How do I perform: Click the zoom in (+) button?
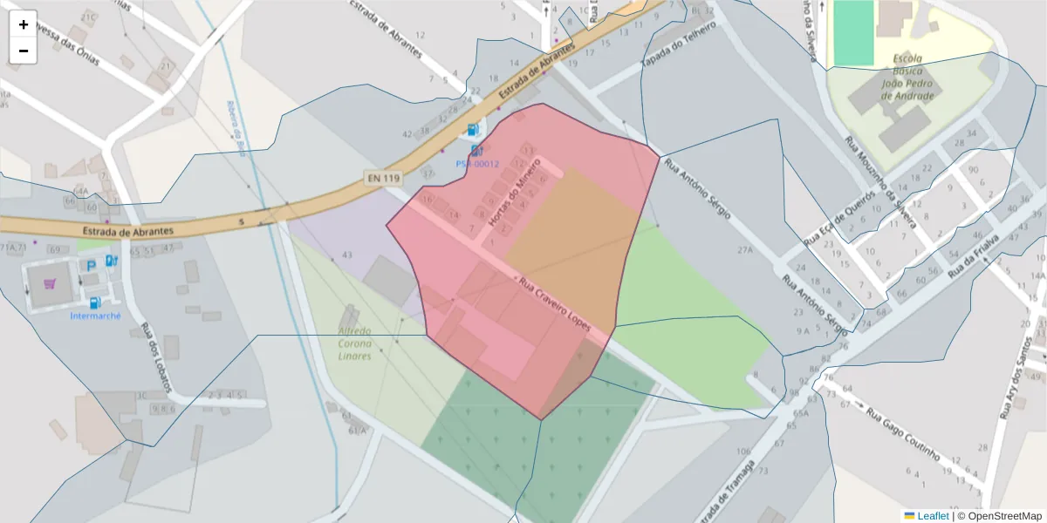(x=24, y=24)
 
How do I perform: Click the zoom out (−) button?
(x=24, y=51)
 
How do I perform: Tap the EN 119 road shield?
(x=382, y=178)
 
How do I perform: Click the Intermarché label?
(x=95, y=316)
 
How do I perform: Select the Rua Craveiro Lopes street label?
(x=555, y=304)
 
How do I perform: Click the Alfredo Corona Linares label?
(x=354, y=343)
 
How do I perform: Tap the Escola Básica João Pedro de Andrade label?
(x=907, y=78)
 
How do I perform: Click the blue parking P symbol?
(x=90, y=264)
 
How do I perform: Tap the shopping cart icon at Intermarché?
(x=50, y=283)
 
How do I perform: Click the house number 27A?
(x=744, y=249)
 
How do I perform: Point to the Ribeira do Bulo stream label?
(x=235, y=126)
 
